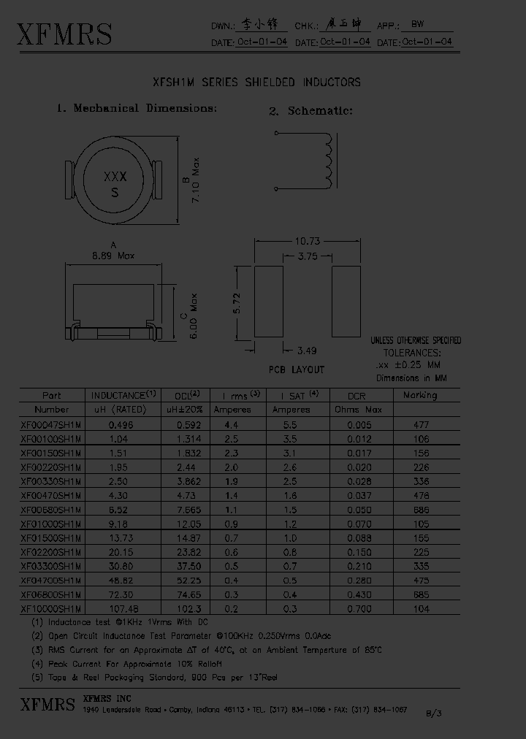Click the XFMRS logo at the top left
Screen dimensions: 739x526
(x=64, y=34)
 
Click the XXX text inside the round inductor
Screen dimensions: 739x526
(x=115, y=177)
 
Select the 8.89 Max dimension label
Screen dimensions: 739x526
(x=113, y=256)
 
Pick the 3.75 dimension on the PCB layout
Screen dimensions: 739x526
(x=308, y=256)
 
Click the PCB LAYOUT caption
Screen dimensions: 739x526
(x=297, y=369)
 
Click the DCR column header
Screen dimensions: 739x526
(x=357, y=396)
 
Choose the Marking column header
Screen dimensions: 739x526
(x=420, y=395)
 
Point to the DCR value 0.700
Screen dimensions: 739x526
(x=357, y=608)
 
